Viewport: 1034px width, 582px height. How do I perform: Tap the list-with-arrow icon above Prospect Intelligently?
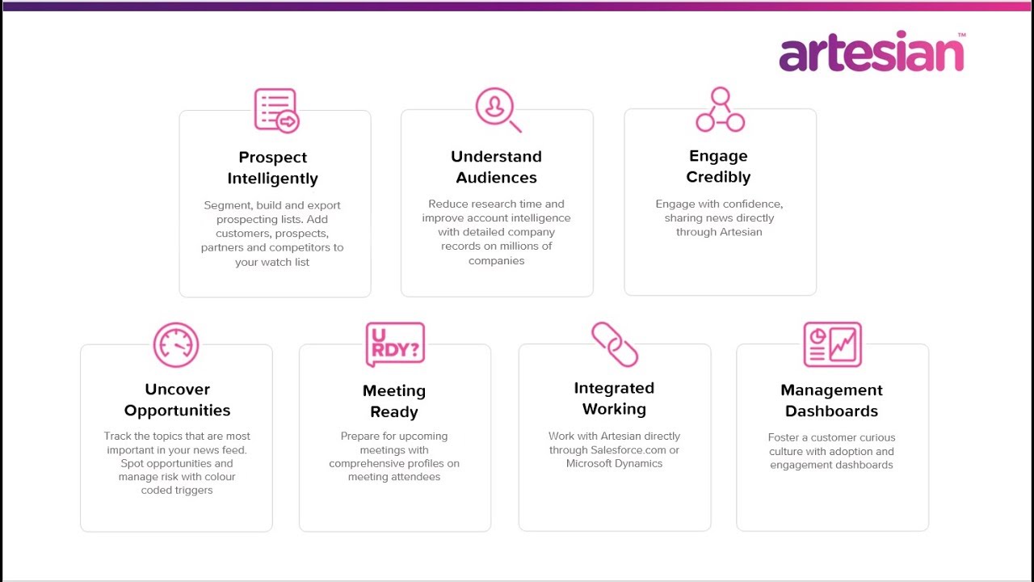[276, 110]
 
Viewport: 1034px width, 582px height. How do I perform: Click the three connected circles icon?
[720, 110]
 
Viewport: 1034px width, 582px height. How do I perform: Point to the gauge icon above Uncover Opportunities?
[176, 345]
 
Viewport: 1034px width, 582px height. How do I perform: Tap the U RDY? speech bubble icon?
[395, 345]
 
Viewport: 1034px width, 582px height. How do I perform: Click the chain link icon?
[615, 344]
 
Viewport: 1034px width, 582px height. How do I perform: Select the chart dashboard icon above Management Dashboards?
[832, 344]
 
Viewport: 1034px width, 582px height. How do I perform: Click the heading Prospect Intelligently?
[273, 168]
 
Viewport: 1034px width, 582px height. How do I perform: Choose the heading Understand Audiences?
[496, 167]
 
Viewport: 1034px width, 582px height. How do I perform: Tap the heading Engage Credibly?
[718, 167]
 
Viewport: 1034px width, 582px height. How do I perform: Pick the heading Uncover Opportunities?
[177, 400]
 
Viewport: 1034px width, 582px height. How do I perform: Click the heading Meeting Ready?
[394, 401]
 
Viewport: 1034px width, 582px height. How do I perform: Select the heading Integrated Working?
[614, 399]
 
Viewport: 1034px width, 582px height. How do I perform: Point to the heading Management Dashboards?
[831, 400]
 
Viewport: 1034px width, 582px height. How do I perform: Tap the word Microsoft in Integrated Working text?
[591, 463]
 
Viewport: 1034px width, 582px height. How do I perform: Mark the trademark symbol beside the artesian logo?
[961, 35]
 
